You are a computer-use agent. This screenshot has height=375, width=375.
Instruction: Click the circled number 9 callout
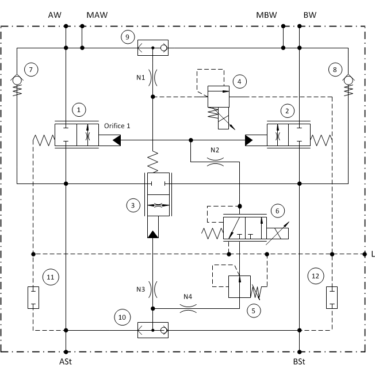click(x=128, y=37)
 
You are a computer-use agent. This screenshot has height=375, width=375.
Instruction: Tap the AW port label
click(x=55, y=15)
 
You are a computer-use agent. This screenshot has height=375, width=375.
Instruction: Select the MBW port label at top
click(x=266, y=15)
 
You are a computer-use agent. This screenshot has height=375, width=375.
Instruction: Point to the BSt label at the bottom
click(x=299, y=361)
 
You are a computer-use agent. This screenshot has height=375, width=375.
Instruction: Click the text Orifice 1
click(x=117, y=126)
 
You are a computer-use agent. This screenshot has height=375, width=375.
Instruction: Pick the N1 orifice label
click(x=140, y=78)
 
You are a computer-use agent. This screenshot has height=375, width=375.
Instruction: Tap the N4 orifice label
click(x=187, y=297)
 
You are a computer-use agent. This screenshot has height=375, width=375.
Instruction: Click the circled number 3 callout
click(x=133, y=205)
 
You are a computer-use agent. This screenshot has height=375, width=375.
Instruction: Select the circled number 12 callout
click(x=315, y=276)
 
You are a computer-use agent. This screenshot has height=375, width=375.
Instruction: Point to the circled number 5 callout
click(x=254, y=311)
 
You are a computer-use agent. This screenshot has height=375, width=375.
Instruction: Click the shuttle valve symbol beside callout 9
click(x=153, y=48)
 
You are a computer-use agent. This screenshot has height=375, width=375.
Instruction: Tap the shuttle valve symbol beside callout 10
click(x=153, y=330)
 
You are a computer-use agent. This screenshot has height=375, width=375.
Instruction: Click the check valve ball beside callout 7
click(x=17, y=81)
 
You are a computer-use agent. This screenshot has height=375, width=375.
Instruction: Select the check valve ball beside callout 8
click(x=348, y=81)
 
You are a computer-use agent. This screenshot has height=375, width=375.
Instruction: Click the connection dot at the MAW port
click(x=82, y=26)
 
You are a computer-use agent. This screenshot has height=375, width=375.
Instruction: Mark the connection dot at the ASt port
click(x=66, y=352)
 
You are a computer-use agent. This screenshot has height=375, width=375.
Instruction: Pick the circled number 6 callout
click(x=278, y=211)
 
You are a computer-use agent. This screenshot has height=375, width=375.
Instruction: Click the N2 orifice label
click(x=215, y=150)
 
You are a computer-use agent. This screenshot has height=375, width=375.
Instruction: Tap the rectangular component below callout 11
click(x=33, y=298)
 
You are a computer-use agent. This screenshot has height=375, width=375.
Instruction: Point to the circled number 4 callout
click(x=239, y=82)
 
